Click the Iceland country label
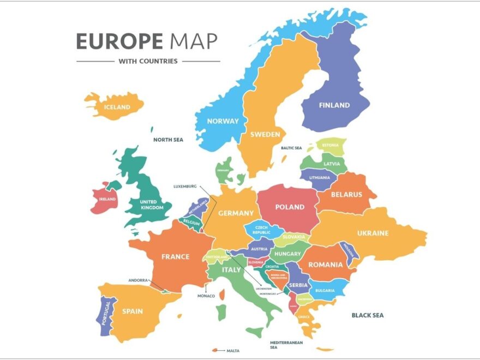click(x=117, y=107)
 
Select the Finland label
click(x=334, y=105)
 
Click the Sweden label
click(x=265, y=134)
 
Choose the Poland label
click(x=290, y=207)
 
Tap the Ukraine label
click(x=373, y=233)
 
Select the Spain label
click(x=133, y=311)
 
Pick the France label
click(x=175, y=256)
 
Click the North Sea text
click(x=168, y=140)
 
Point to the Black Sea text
click(x=368, y=315)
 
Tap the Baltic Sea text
click(x=291, y=148)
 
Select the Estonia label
click(x=331, y=146)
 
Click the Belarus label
click(x=346, y=194)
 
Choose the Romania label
click(x=326, y=265)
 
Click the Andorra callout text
click(x=138, y=280)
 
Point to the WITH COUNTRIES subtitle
click(x=148, y=61)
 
